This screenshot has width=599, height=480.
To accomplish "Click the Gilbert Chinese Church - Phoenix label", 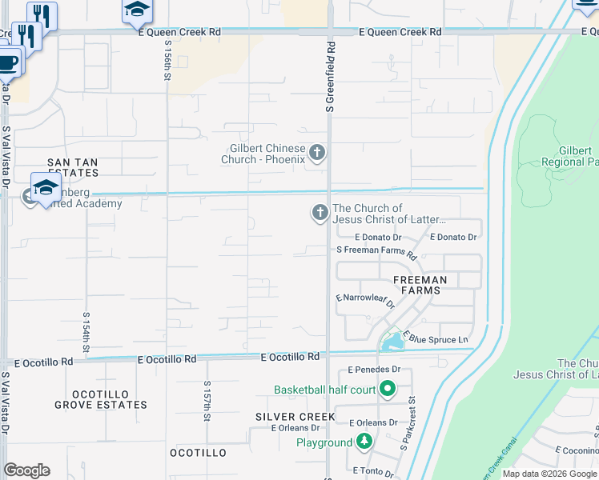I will click(263, 154).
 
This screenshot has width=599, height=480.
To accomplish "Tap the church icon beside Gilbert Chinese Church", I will click(317, 153).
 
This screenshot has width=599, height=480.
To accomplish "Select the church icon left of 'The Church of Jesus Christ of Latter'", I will click(320, 212).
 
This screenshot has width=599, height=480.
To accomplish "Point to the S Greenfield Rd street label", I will click(329, 78).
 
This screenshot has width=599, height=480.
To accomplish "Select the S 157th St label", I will click(207, 401).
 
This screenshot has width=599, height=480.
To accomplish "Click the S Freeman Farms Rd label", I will click(376, 251).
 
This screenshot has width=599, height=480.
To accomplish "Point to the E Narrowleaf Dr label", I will click(365, 301).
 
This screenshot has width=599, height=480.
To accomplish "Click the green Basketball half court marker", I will click(388, 390).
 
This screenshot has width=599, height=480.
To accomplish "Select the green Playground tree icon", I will click(364, 442).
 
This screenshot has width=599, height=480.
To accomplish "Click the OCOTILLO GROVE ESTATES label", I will click(101, 399).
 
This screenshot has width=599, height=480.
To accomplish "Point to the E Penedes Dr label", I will click(374, 370).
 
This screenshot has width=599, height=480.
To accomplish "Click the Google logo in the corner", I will click(26, 470).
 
